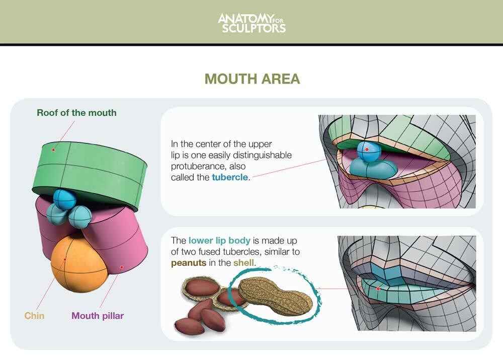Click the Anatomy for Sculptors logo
(x=251, y=22)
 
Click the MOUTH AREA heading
(x=252, y=79)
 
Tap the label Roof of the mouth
(x=76, y=113)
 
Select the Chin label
(x=34, y=316)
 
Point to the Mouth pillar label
(x=98, y=316)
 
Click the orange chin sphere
(x=79, y=265)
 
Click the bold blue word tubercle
(x=230, y=177)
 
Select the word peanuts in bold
(x=188, y=262)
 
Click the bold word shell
(x=244, y=262)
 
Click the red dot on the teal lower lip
(x=378, y=289)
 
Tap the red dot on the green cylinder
(x=53, y=149)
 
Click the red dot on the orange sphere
(x=65, y=260)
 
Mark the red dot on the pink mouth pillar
(x=121, y=267)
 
